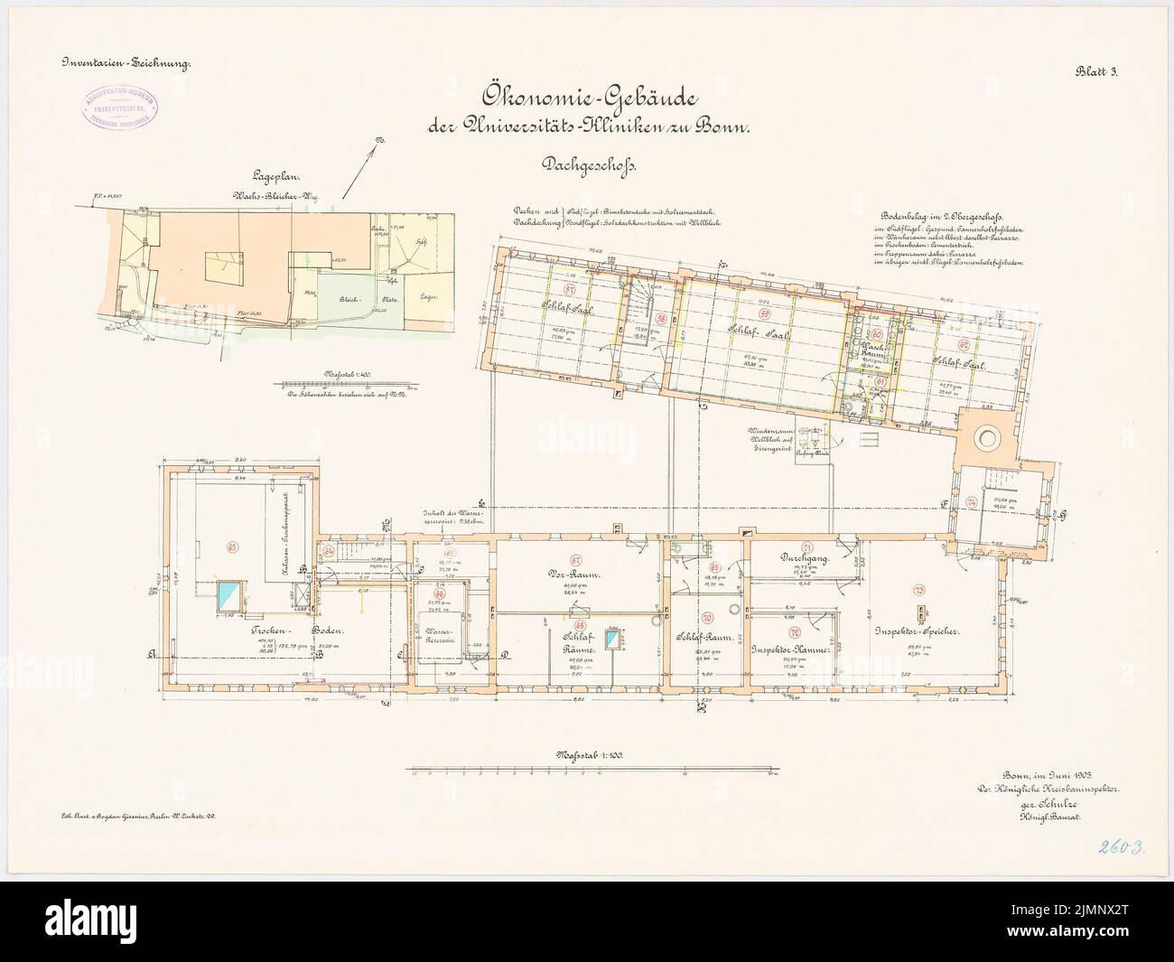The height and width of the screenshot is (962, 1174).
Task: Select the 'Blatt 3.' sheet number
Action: click(x=1096, y=76)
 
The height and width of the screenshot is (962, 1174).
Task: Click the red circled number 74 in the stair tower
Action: click(x=971, y=502)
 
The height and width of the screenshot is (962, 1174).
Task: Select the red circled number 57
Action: click(x=569, y=291)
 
